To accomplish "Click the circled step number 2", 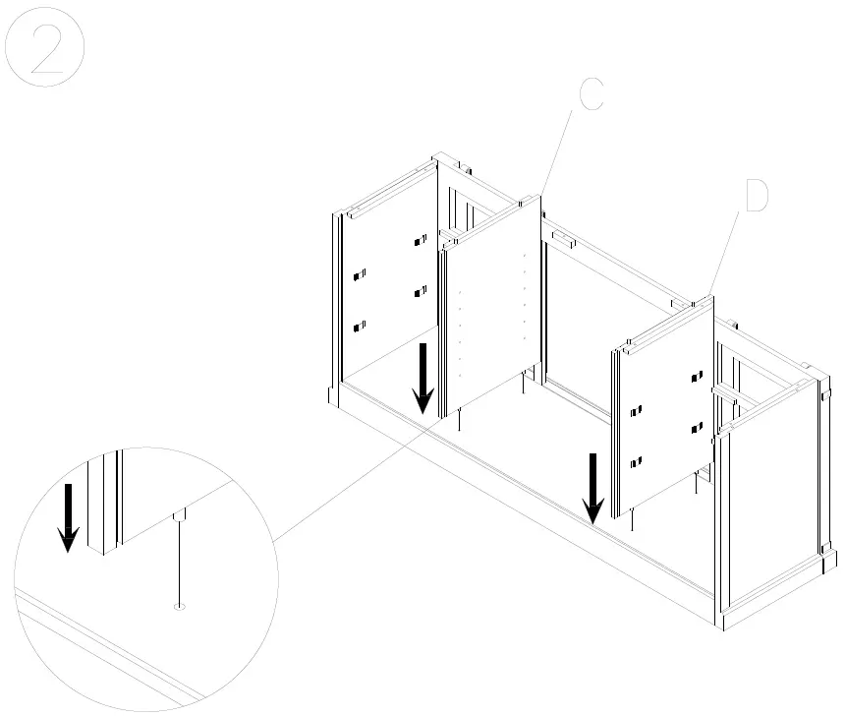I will (x=45, y=52).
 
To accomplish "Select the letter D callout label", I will (x=755, y=197).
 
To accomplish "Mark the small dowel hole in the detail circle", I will (x=179, y=607).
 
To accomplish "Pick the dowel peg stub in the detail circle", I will (x=179, y=516).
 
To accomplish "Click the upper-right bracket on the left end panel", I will (x=421, y=240).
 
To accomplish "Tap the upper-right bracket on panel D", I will (x=698, y=376).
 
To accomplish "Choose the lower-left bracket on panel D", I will (x=636, y=460).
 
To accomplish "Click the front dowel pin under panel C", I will (x=460, y=421).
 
